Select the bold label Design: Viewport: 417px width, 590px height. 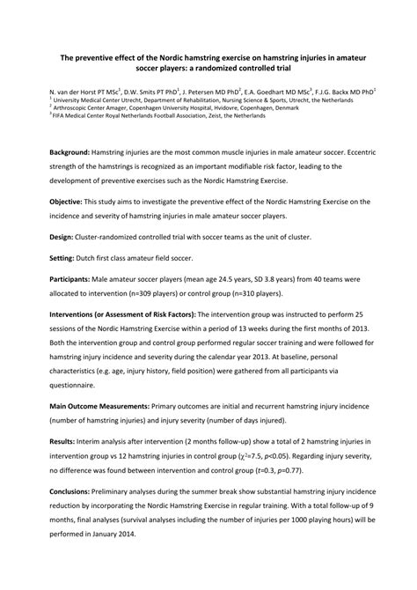(x=62, y=237)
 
